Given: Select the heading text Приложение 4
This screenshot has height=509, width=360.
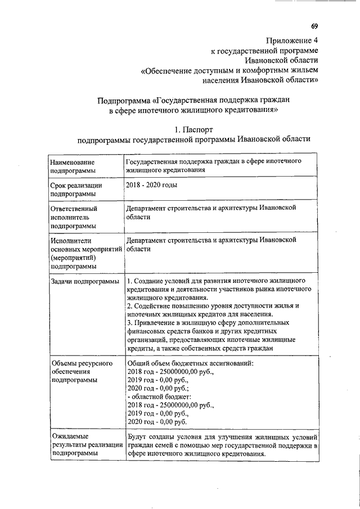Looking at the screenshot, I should click(291, 40).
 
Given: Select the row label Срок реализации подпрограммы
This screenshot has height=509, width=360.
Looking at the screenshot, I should click(76, 189).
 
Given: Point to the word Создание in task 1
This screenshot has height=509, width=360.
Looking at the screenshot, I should click(150, 280).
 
